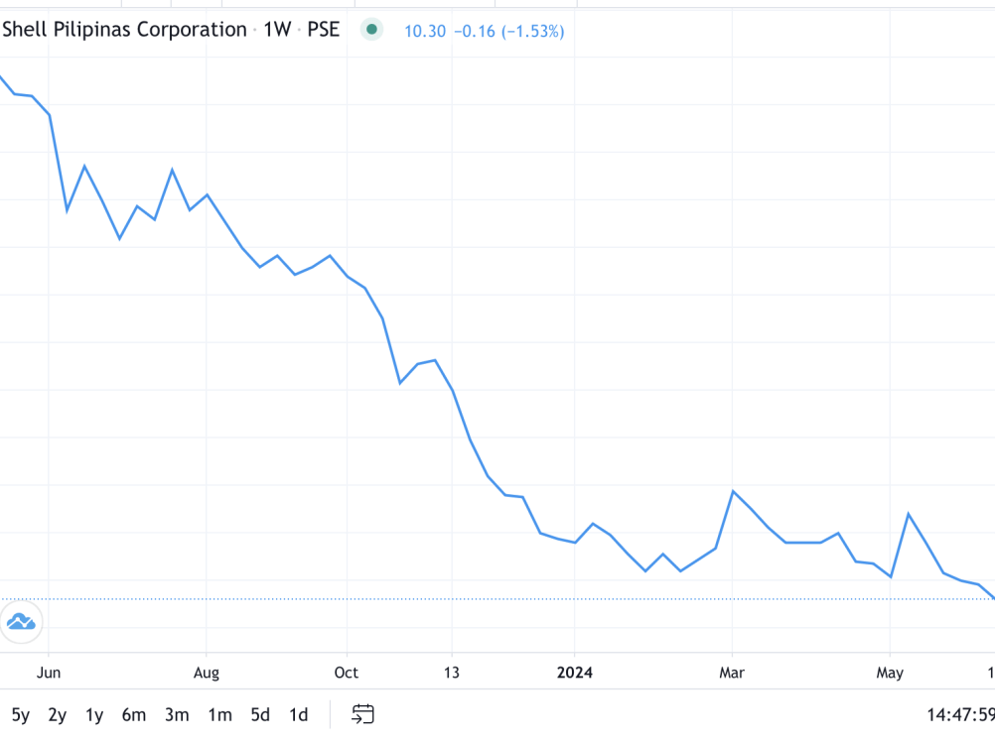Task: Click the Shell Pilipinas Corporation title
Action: (x=124, y=30)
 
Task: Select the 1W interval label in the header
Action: (x=277, y=30)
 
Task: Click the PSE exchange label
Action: (x=323, y=30)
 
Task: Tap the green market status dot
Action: (x=371, y=30)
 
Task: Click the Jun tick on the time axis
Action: (x=48, y=673)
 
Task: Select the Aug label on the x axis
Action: (x=206, y=673)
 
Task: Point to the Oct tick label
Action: (x=346, y=673)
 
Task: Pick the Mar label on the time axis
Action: (x=732, y=673)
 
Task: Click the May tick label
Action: (x=890, y=673)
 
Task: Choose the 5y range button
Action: (x=21, y=714)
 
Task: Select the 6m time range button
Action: (x=133, y=714)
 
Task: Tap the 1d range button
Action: (x=298, y=714)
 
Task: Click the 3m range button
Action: (x=177, y=714)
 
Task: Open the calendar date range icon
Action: (x=362, y=714)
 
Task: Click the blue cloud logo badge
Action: (x=21, y=622)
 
